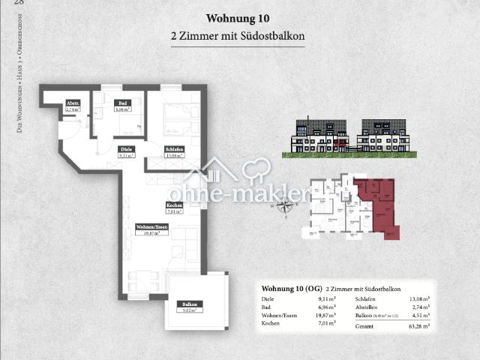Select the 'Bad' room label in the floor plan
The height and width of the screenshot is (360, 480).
(x=121, y=106)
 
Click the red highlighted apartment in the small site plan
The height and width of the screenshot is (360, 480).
(x=378, y=206)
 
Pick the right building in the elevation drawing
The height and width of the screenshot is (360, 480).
(x=386, y=135)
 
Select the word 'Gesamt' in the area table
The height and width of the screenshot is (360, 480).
(x=365, y=326)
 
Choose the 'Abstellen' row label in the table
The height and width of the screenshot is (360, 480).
(x=369, y=307)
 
